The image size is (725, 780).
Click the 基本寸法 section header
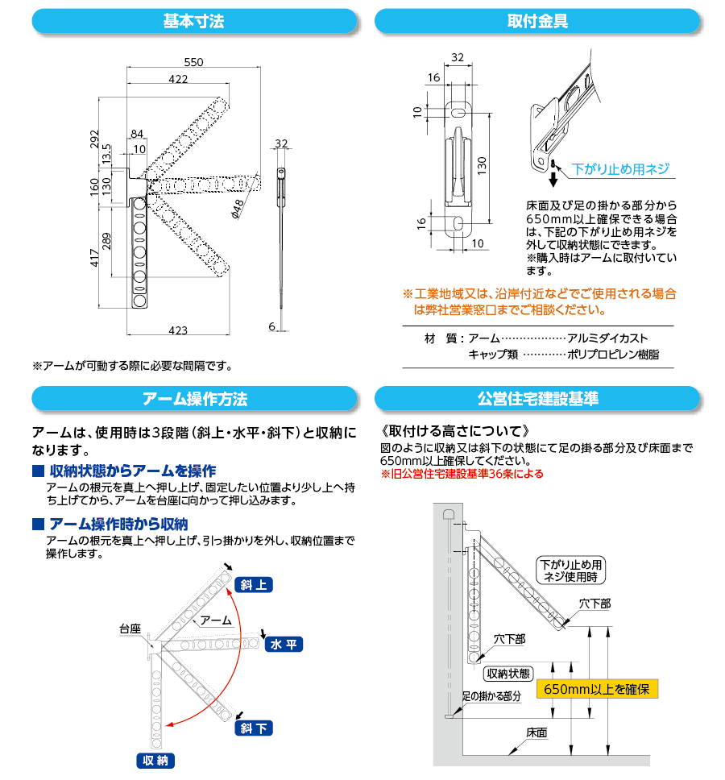[193, 21]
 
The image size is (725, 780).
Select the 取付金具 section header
[536, 21]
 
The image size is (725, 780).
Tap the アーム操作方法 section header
[193, 399]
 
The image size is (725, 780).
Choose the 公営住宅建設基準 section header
[536, 399]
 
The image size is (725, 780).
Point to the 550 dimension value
[193, 63]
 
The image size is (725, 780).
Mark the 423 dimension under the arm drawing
[178, 330]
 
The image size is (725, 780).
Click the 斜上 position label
[254, 585]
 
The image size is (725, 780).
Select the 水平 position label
[284, 644]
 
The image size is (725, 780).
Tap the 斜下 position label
[254, 728]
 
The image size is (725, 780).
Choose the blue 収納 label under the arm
[155, 761]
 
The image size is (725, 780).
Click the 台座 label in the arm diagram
[130, 628]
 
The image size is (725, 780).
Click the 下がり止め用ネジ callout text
[620, 169]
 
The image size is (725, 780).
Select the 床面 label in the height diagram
[536, 733]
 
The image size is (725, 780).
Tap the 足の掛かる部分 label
[491, 695]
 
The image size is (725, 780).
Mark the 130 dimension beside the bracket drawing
[481, 165]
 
